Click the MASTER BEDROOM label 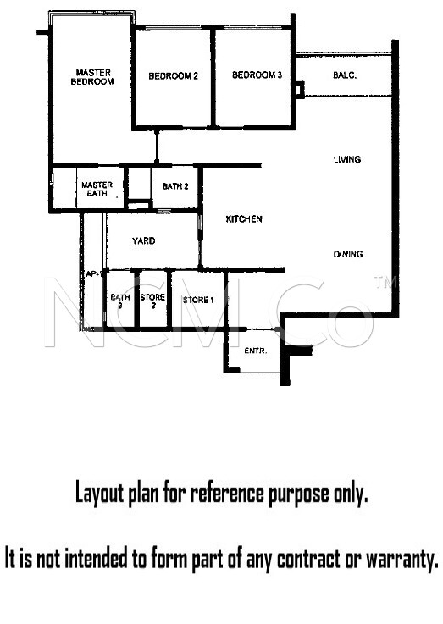click(92, 77)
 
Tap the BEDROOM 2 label click(173, 75)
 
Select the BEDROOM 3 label click(257, 75)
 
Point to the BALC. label click(345, 75)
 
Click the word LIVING click(347, 159)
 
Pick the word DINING click(348, 254)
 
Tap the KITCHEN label click(244, 219)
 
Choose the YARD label click(144, 240)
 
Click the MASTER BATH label click(97, 189)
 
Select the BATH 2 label click(175, 186)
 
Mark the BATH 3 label click(120, 301)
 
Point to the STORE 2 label click(152, 301)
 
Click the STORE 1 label click(198, 300)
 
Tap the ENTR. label click(256, 351)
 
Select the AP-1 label click(94, 274)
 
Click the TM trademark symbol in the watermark click(385, 282)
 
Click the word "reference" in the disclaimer click(227, 494)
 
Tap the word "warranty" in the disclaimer click(402, 559)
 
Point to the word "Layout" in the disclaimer click(99, 494)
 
